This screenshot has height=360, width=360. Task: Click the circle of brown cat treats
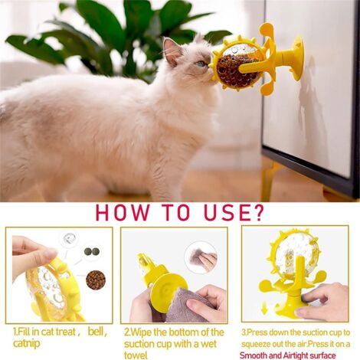point(96,280)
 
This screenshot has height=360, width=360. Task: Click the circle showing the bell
point(70,240)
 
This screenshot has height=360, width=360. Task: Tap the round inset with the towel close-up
point(201,257)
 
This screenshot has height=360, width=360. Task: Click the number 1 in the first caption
point(15,332)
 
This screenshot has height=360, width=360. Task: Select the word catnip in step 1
point(27,344)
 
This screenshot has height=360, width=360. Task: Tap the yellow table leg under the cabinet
point(268,184)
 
